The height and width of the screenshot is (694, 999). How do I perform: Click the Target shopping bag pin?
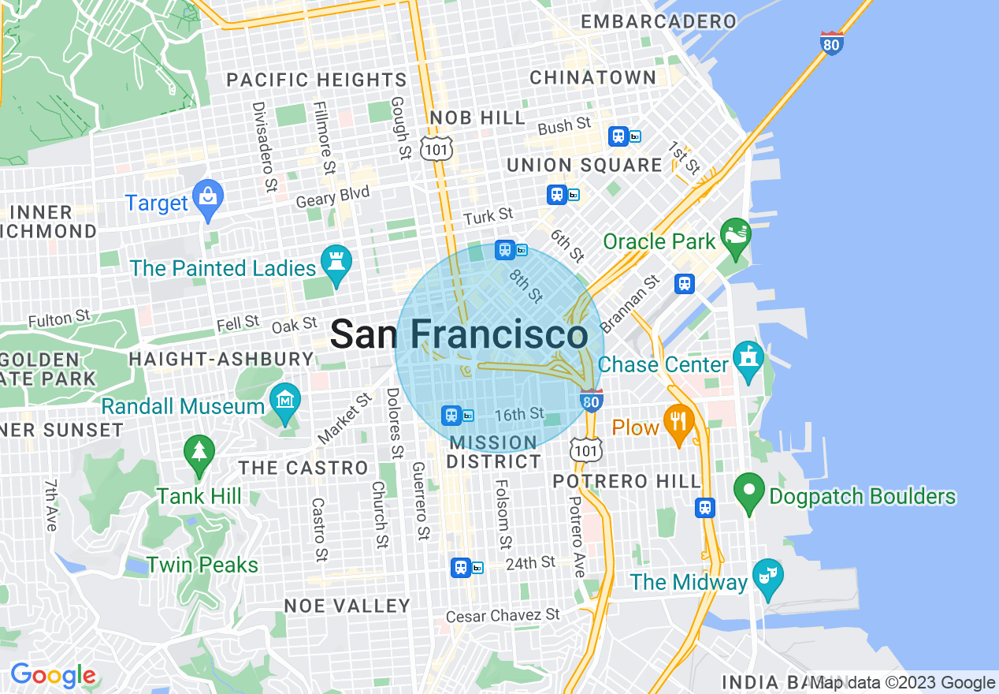(x=208, y=200)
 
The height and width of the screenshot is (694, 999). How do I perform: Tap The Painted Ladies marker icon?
(x=336, y=265)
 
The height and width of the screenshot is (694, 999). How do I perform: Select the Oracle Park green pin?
(x=736, y=238)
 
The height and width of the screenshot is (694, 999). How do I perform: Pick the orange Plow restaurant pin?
(x=678, y=424)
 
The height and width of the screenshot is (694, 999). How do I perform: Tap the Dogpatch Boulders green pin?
(x=749, y=493)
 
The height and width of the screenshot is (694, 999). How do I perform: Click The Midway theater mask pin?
(x=765, y=579)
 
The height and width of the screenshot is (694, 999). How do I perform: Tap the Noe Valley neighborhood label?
(x=347, y=606)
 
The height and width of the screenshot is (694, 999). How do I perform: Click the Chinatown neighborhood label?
(x=592, y=77)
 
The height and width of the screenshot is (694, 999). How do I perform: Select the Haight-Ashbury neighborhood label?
(x=221, y=359)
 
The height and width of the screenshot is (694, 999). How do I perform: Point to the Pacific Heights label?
(x=317, y=80)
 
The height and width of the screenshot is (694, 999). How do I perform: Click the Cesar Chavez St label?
(x=503, y=615)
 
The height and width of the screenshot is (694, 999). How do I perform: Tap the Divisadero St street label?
(x=264, y=147)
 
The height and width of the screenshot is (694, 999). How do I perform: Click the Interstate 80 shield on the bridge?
(x=831, y=42)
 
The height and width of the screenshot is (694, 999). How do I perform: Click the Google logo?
(x=52, y=676)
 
